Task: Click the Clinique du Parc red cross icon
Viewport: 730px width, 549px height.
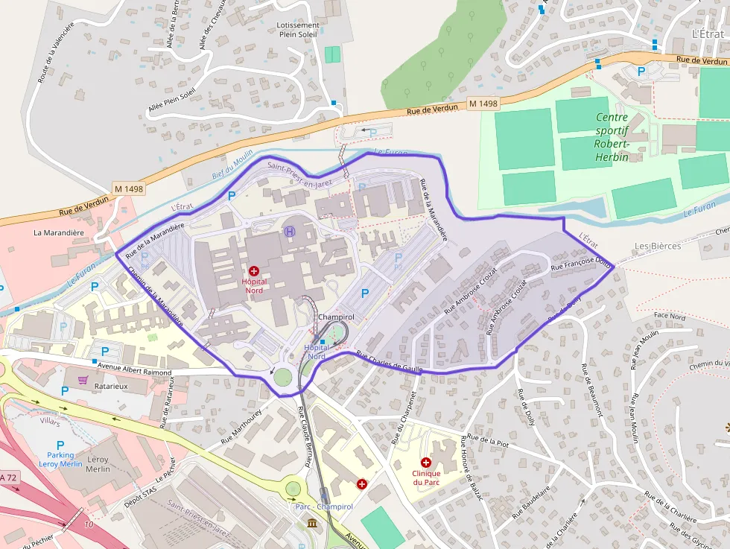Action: [x=426, y=463]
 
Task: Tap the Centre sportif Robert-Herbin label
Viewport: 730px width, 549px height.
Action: [x=612, y=137]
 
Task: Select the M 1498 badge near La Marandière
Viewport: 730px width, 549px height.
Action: [x=129, y=188]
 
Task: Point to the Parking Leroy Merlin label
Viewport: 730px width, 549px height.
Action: [x=61, y=460]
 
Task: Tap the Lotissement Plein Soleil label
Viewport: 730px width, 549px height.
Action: [x=299, y=29]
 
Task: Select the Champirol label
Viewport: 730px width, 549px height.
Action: [x=335, y=317]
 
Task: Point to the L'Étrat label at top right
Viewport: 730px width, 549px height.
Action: [x=707, y=34]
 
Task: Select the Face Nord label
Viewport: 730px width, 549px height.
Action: [x=669, y=316]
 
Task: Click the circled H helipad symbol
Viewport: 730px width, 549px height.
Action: [x=289, y=232]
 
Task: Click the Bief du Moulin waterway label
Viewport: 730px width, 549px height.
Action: [x=232, y=168]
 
